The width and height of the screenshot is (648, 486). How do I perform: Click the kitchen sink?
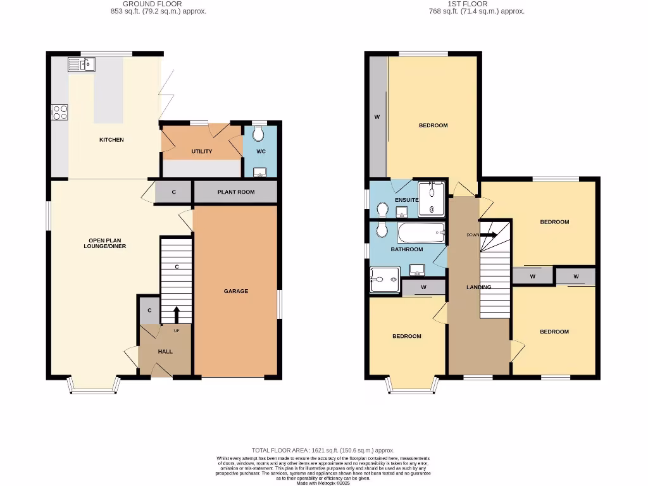[81, 63]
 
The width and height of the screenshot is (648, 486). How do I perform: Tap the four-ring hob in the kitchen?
[60, 112]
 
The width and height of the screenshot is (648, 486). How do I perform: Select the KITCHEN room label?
[111, 140]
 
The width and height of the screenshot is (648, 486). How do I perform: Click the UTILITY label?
[202, 151]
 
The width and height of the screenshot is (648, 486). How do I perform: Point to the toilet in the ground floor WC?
[259, 134]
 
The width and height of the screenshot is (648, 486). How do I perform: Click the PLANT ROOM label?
[235, 192]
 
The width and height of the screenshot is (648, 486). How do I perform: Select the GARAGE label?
[235, 291]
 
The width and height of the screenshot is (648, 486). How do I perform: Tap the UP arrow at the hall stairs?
[176, 315]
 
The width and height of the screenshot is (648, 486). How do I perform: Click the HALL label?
[165, 352]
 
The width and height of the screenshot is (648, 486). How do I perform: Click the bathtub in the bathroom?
[421, 233]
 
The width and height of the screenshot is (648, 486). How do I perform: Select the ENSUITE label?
[406, 200]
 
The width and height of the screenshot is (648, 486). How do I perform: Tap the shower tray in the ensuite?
[432, 197]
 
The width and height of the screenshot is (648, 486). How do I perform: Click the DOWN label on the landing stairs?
[473, 235]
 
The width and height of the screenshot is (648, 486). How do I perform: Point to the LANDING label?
[478, 287]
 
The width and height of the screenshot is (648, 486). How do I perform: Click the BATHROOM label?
[406, 249]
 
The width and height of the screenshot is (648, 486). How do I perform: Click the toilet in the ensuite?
[382, 209]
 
